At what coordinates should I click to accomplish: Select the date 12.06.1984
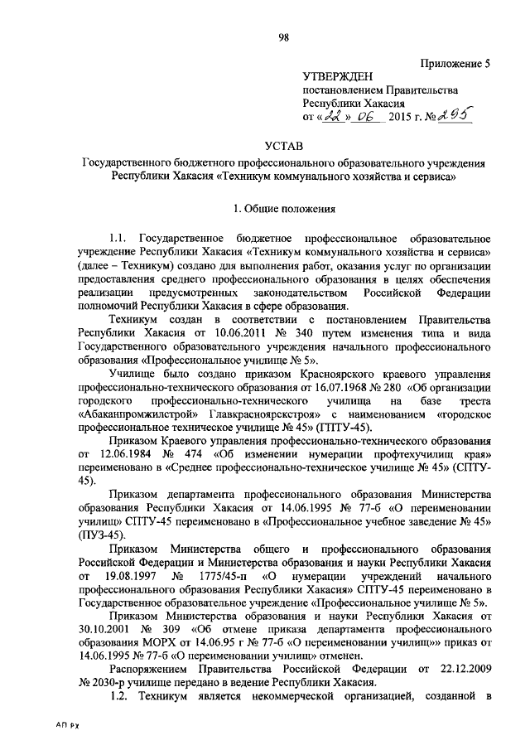[x=125, y=455]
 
